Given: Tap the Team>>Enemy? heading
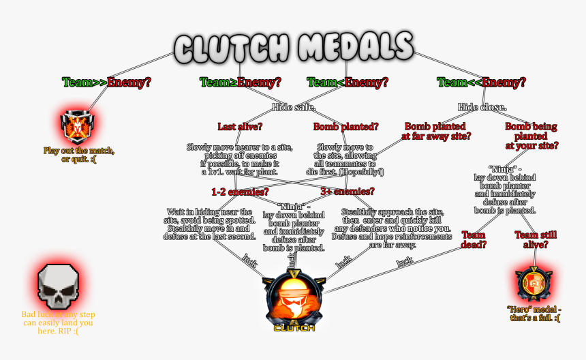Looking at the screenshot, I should (x=106, y=82).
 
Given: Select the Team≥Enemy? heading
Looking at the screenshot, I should (x=241, y=82).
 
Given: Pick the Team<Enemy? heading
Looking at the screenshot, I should (x=348, y=82).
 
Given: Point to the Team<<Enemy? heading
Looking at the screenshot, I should (x=481, y=82).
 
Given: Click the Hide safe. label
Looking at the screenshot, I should (x=294, y=107).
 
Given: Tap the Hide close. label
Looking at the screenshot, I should (x=482, y=107).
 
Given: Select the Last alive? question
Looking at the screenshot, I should (x=240, y=126).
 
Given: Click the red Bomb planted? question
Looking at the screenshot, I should (x=346, y=126).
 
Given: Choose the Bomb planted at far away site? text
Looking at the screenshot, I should (x=435, y=131).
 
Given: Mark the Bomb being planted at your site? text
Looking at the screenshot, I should (x=531, y=136).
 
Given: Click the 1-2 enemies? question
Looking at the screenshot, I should (x=239, y=192).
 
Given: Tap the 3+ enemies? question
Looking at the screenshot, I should (x=347, y=192).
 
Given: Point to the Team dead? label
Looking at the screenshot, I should (x=474, y=239).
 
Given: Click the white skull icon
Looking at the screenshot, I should (x=57, y=284).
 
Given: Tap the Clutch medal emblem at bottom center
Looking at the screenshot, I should (x=294, y=300).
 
